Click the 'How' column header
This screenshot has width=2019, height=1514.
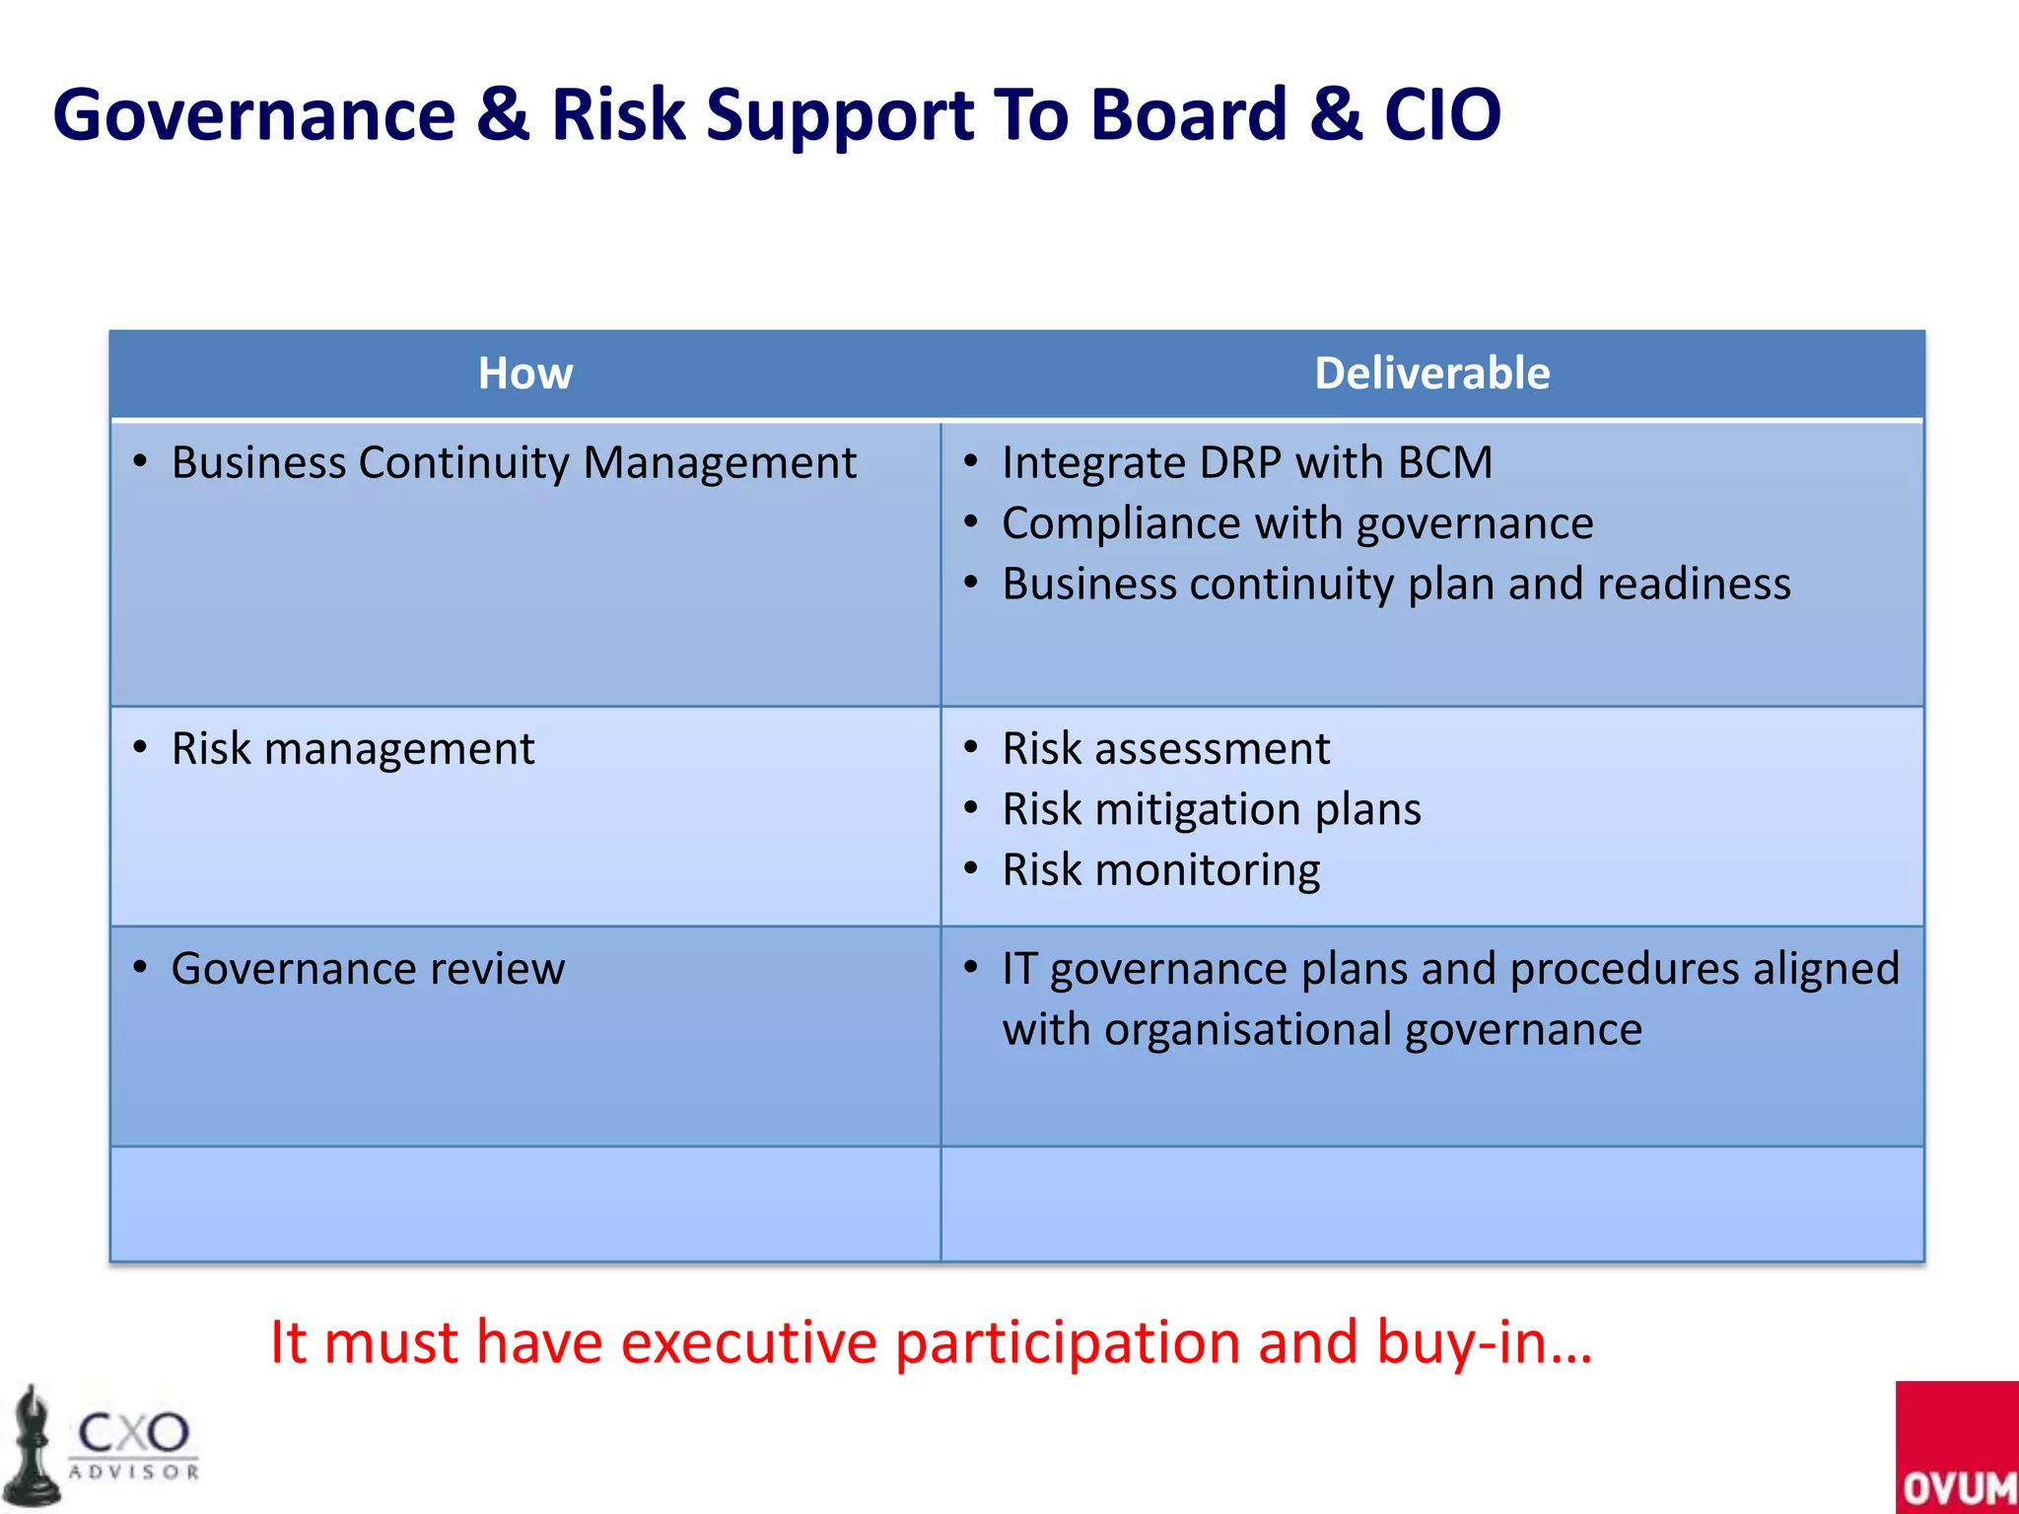click(x=525, y=374)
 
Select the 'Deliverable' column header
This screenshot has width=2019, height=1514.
click(x=1431, y=374)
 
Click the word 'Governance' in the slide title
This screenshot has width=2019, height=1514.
click(x=253, y=115)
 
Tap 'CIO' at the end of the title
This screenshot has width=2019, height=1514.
click(x=1441, y=115)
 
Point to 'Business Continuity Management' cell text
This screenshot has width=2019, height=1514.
click(x=513, y=463)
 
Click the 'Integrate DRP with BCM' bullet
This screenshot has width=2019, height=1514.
click(x=1246, y=463)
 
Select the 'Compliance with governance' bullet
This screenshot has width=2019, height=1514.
click(x=1296, y=523)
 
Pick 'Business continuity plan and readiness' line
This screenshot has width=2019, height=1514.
click(x=1396, y=585)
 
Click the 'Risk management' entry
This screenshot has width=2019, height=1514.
click(x=352, y=749)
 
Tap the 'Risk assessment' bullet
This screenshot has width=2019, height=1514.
click(x=1165, y=749)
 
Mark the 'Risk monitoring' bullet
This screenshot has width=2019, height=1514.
click(x=1160, y=870)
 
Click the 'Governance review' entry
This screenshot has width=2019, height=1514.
click(x=368, y=969)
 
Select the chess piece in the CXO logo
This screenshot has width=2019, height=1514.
click(x=32, y=1449)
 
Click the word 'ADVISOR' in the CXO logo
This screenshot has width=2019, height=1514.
click(x=134, y=1473)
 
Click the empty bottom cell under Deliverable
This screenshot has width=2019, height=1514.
click(x=1431, y=1204)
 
